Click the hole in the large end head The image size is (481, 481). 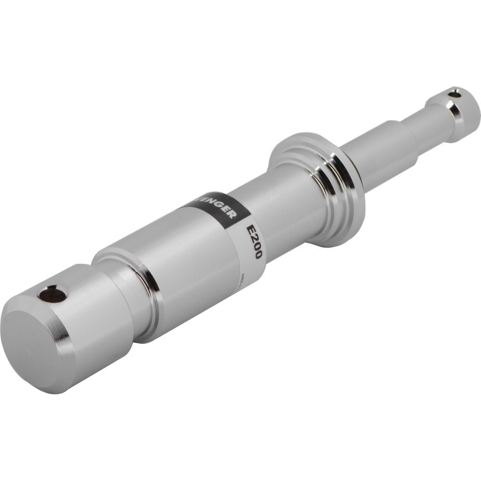[x=52, y=294]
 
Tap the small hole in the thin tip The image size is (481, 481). [x=453, y=95]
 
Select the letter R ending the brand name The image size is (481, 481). [x=232, y=214]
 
